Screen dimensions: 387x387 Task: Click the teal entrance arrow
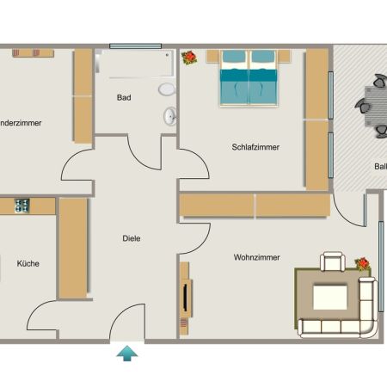pyautogui.click(x=127, y=353)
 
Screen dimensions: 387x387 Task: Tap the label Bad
pyautogui.click(x=124, y=98)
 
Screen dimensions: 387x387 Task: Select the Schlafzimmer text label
pyautogui.click(x=255, y=147)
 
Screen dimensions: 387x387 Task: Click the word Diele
pyautogui.click(x=131, y=238)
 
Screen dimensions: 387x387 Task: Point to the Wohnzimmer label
pyautogui.click(x=256, y=257)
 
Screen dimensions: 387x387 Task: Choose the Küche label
pyautogui.click(x=28, y=264)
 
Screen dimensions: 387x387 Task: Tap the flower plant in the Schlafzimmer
pyautogui.click(x=188, y=58)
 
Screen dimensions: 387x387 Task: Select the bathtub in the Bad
pyautogui.click(x=136, y=64)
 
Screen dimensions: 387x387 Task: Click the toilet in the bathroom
pyautogui.click(x=166, y=89)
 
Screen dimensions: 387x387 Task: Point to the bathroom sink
pyautogui.click(x=169, y=115)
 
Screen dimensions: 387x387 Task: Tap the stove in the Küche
pyautogui.click(x=21, y=206)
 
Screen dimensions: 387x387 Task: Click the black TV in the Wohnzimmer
pyautogui.click(x=184, y=298)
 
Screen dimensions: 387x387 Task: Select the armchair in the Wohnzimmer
pyautogui.click(x=332, y=262)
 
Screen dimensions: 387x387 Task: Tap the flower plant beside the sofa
pyautogui.click(x=363, y=264)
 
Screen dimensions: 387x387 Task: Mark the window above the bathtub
pyautogui.click(x=135, y=46)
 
